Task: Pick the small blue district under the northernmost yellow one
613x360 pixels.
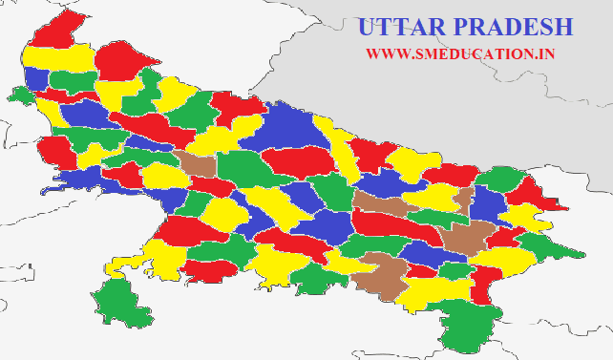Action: pos(35,78)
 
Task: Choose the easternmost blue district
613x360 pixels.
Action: pos(489,204)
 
